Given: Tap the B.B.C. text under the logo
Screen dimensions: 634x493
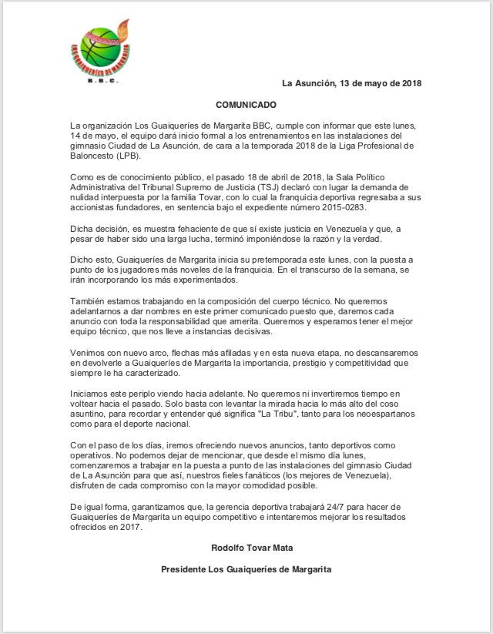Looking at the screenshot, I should point(101,80).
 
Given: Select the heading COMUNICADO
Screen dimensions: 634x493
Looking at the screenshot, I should point(245,104).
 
